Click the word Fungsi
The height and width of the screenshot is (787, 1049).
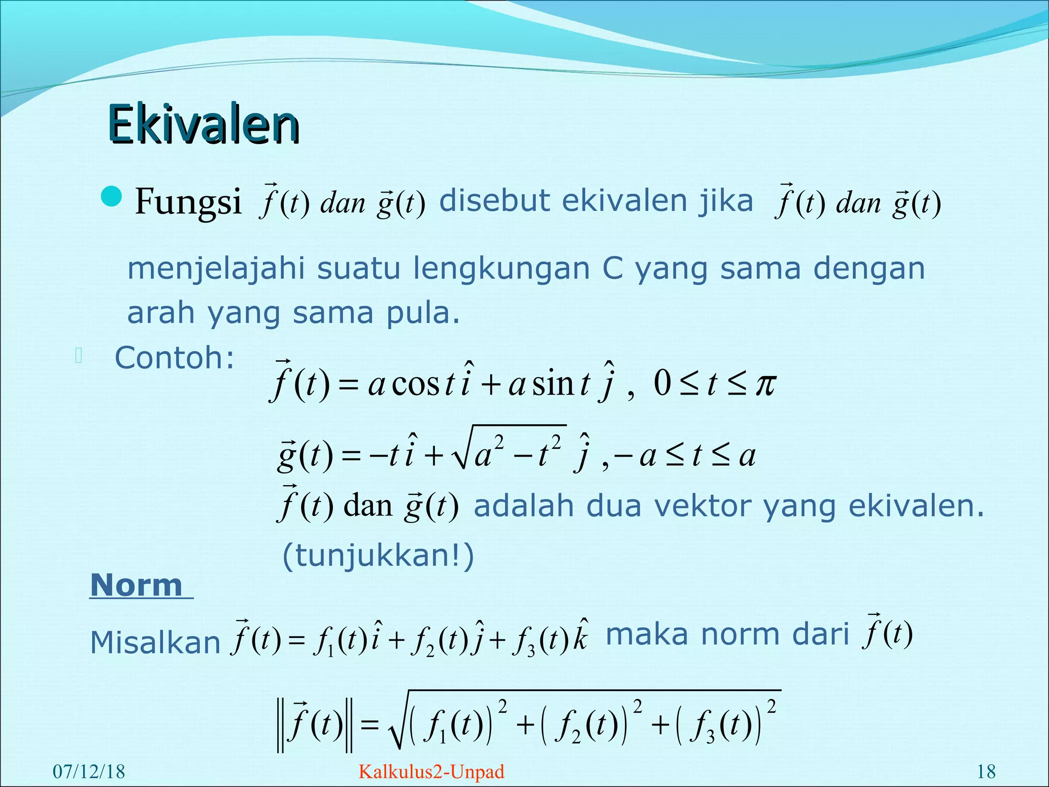click(188, 202)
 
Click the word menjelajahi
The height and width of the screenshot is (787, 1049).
click(216, 268)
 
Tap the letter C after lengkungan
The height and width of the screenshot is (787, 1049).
click(612, 268)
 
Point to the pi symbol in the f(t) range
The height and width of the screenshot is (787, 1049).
click(766, 384)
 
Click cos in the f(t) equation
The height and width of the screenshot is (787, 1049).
click(415, 384)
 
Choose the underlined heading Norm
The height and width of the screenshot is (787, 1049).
click(137, 585)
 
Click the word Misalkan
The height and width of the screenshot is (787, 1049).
click(155, 643)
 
